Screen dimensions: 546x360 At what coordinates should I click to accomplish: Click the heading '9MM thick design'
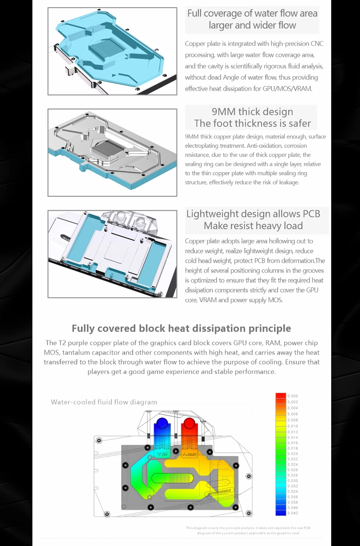click(252, 112)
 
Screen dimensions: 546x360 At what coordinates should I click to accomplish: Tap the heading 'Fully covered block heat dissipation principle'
click(181, 328)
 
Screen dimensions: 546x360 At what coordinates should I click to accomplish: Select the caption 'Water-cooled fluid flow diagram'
click(104, 402)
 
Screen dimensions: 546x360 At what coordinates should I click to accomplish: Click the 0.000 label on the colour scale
click(293, 396)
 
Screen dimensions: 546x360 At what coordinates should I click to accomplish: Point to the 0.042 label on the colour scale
click(293, 513)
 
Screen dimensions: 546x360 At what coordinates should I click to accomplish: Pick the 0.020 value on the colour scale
click(293, 454)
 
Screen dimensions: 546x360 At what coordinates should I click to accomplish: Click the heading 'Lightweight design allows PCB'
click(253, 214)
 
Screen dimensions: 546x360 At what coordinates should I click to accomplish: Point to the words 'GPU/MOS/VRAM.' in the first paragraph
click(287, 89)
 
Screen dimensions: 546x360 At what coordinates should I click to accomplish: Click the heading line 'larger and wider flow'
click(252, 25)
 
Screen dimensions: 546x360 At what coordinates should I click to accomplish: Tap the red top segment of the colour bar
click(281, 396)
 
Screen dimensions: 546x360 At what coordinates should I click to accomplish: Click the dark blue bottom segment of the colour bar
click(281, 513)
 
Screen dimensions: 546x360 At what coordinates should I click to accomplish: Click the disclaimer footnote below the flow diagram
click(248, 531)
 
